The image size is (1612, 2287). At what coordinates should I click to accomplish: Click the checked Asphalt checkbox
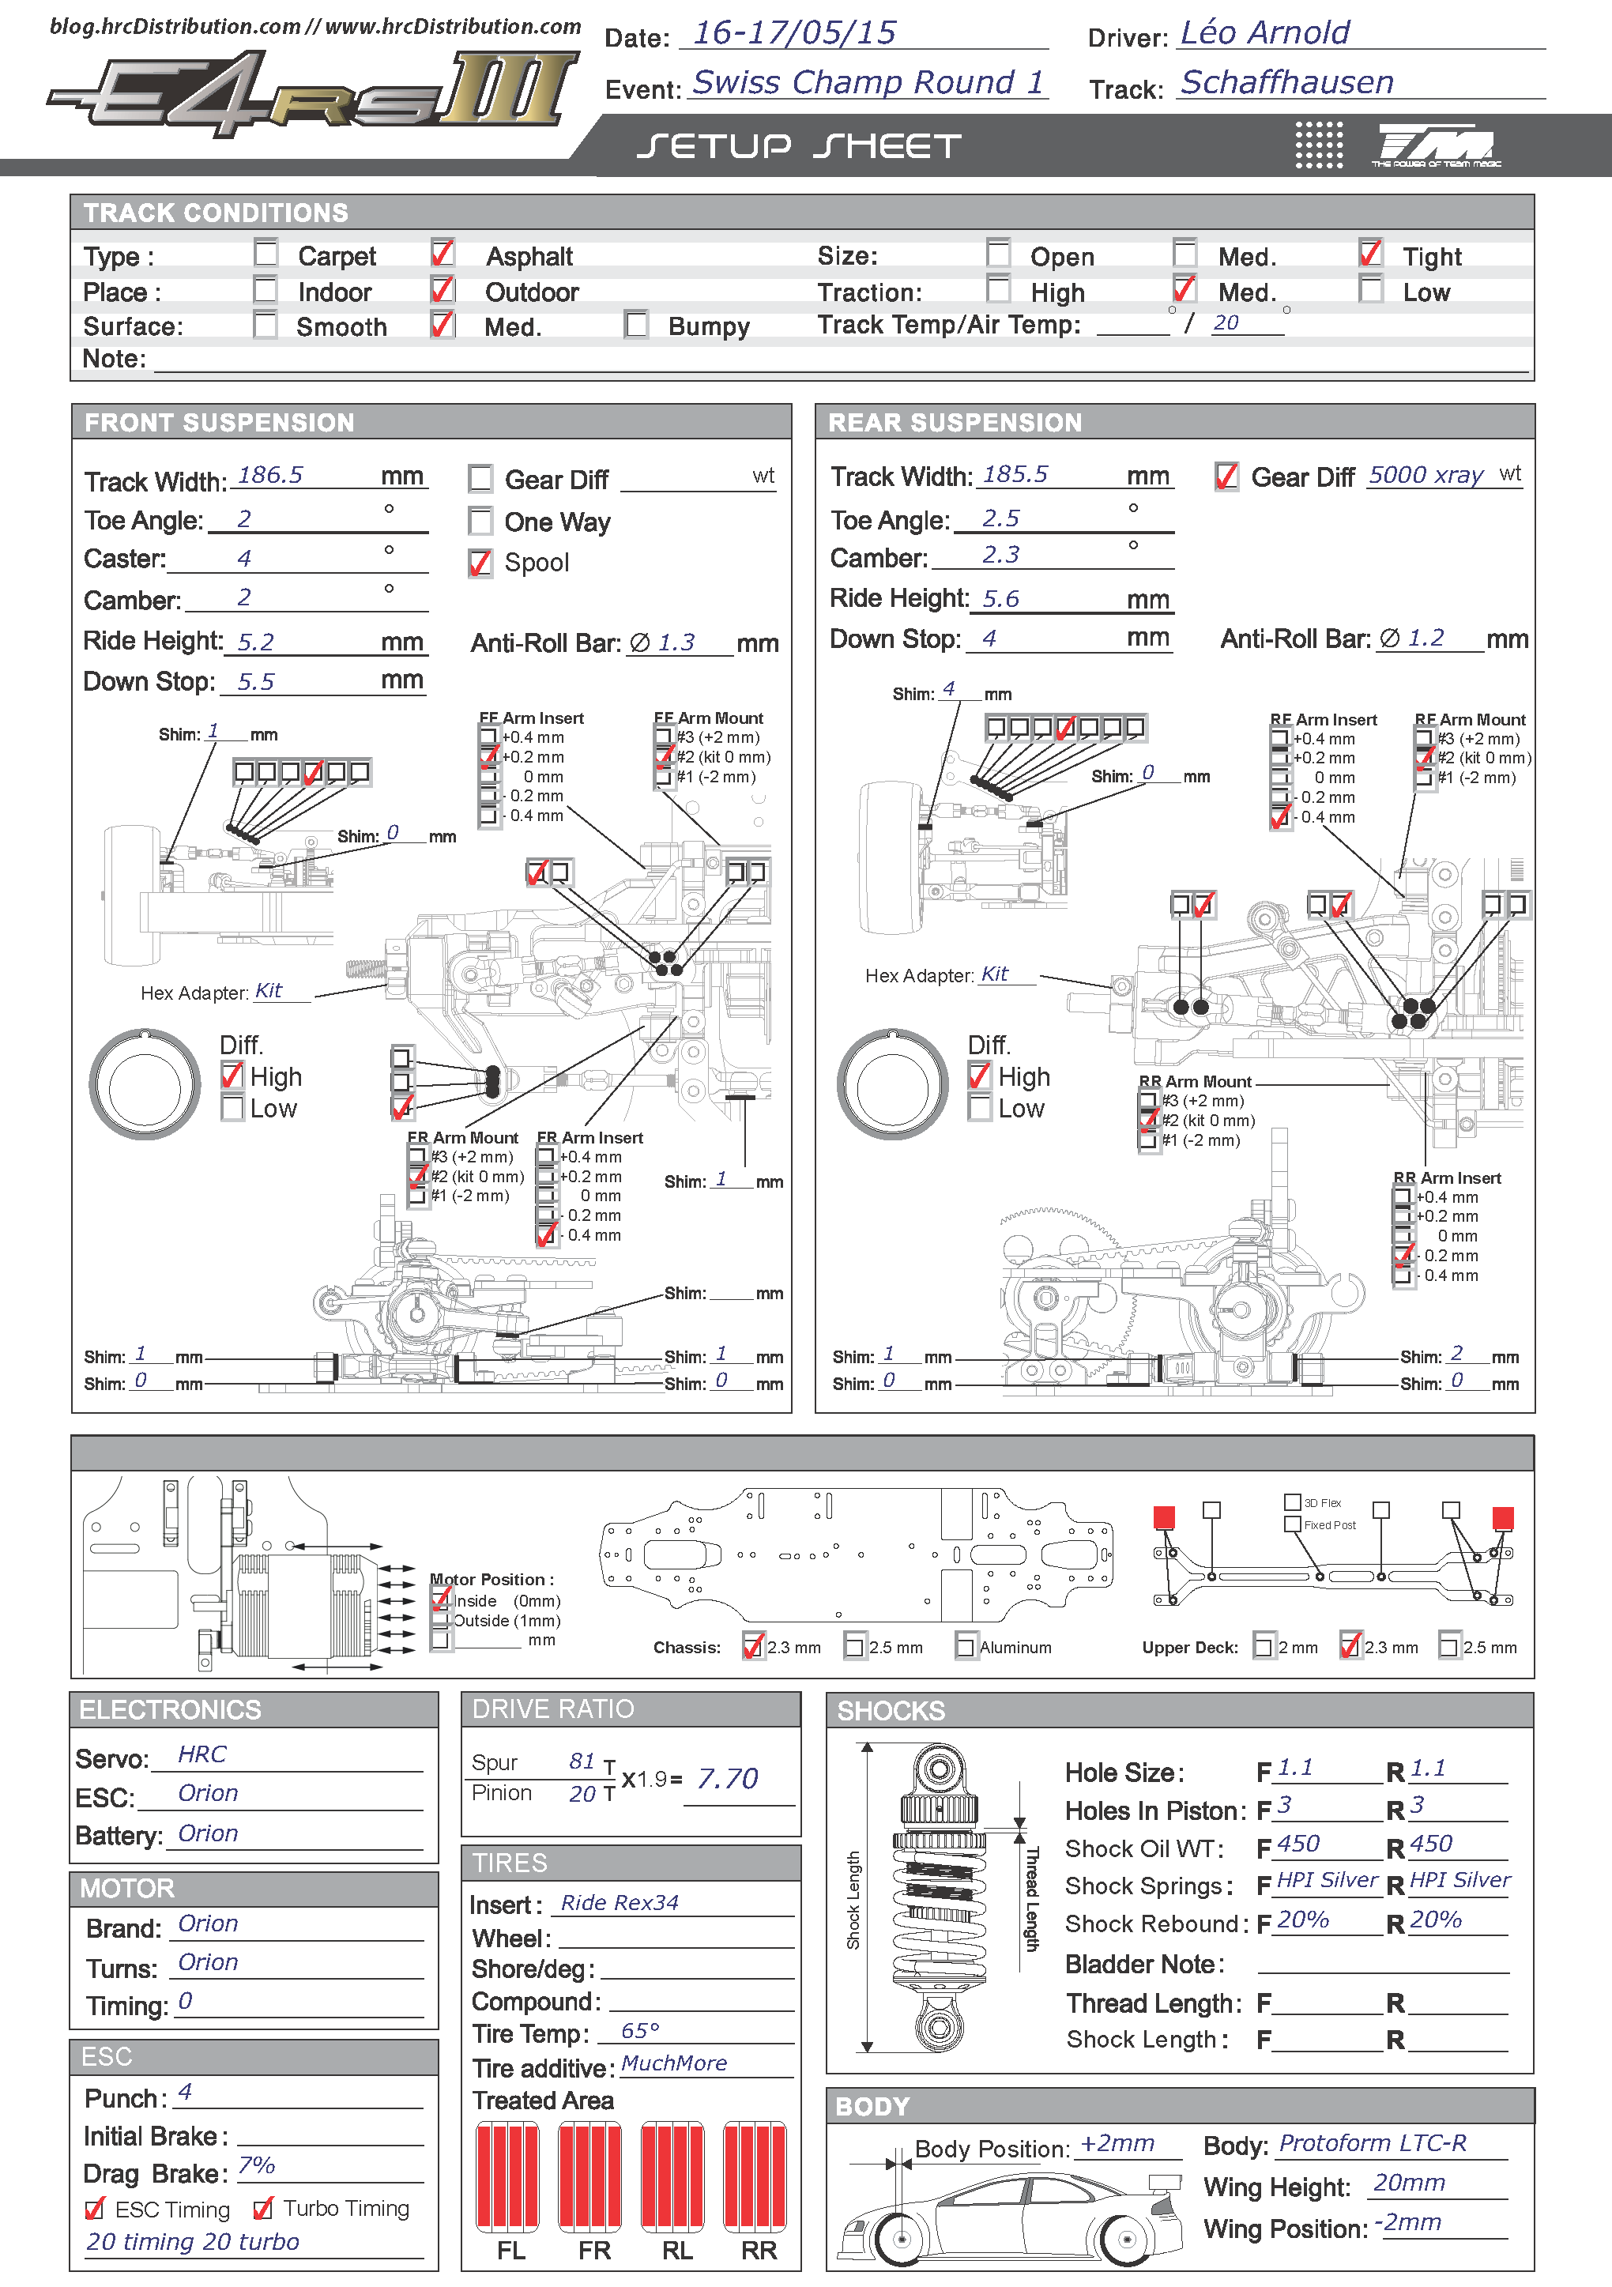point(443,253)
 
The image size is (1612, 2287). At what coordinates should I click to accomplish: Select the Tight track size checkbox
point(1371,253)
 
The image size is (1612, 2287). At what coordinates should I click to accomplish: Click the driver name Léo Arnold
point(1264,33)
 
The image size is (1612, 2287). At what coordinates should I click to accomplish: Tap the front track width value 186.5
point(270,475)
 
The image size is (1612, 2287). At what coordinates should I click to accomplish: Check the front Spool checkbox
point(480,563)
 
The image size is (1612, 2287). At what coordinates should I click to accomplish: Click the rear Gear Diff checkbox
point(1226,476)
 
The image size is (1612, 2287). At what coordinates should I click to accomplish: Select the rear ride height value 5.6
point(1000,599)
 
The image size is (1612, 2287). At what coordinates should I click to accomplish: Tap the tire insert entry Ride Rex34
point(620,1902)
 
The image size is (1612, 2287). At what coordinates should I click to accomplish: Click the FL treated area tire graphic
point(508,2176)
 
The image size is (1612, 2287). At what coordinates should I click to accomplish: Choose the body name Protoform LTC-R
point(1373,2142)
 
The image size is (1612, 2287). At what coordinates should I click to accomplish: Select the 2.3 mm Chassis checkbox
point(753,1645)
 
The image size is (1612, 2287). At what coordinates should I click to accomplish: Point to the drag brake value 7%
point(256,2165)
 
